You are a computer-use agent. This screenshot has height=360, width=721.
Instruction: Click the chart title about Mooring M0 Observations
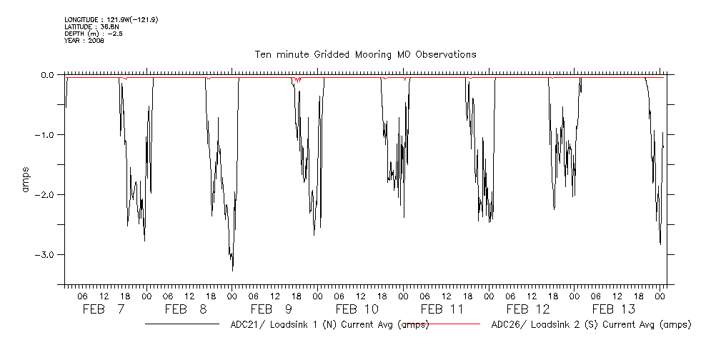(365, 54)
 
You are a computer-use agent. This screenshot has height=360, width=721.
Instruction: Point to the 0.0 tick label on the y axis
(47, 74)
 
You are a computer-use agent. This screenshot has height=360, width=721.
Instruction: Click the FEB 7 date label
(104, 309)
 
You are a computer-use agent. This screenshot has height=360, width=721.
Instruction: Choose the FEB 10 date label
(357, 309)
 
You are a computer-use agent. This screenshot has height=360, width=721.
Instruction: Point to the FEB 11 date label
(442, 309)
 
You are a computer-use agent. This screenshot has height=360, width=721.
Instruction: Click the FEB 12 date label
(528, 309)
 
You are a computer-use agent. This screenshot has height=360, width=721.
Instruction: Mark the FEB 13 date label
(614, 309)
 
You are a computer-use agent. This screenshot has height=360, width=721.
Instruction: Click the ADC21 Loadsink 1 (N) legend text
(329, 325)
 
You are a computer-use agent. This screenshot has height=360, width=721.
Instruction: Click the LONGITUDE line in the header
(111, 20)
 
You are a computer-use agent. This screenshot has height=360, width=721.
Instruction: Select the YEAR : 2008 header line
(84, 41)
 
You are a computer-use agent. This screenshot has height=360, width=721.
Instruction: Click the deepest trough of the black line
(232, 269)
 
